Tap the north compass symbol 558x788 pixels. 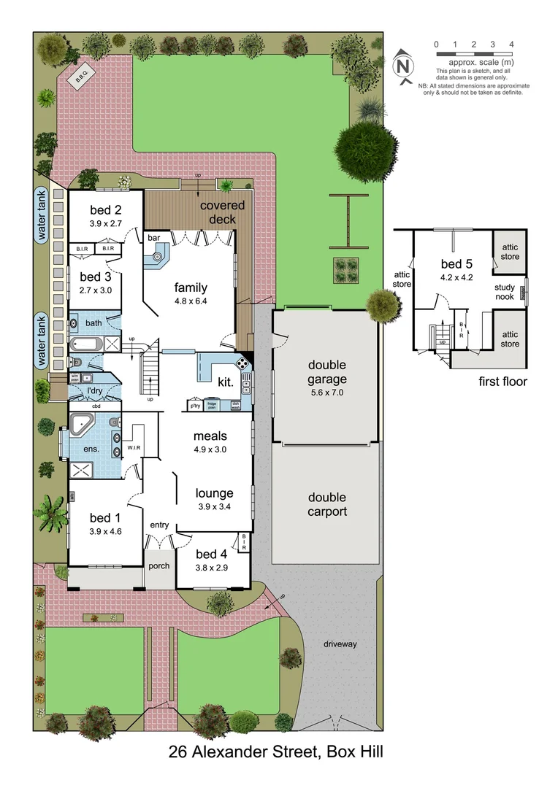[x=403, y=66]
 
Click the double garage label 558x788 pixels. [x=326, y=372]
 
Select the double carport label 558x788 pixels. [x=326, y=505]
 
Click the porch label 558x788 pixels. [x=158, y=565]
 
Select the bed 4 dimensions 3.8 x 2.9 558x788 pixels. [x=212, y=568]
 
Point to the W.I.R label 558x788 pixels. [x=133, y=447]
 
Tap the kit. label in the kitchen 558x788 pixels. [x=225, y=382]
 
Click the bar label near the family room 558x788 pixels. [x=154, y=238]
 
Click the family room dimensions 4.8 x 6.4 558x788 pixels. [x=190, y=301]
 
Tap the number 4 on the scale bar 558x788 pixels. [x=512, y=45]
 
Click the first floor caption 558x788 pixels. [x=502, y=381]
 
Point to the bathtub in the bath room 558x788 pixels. [x=85, y=344]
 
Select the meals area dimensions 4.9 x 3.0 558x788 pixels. [x=210, y=449]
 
